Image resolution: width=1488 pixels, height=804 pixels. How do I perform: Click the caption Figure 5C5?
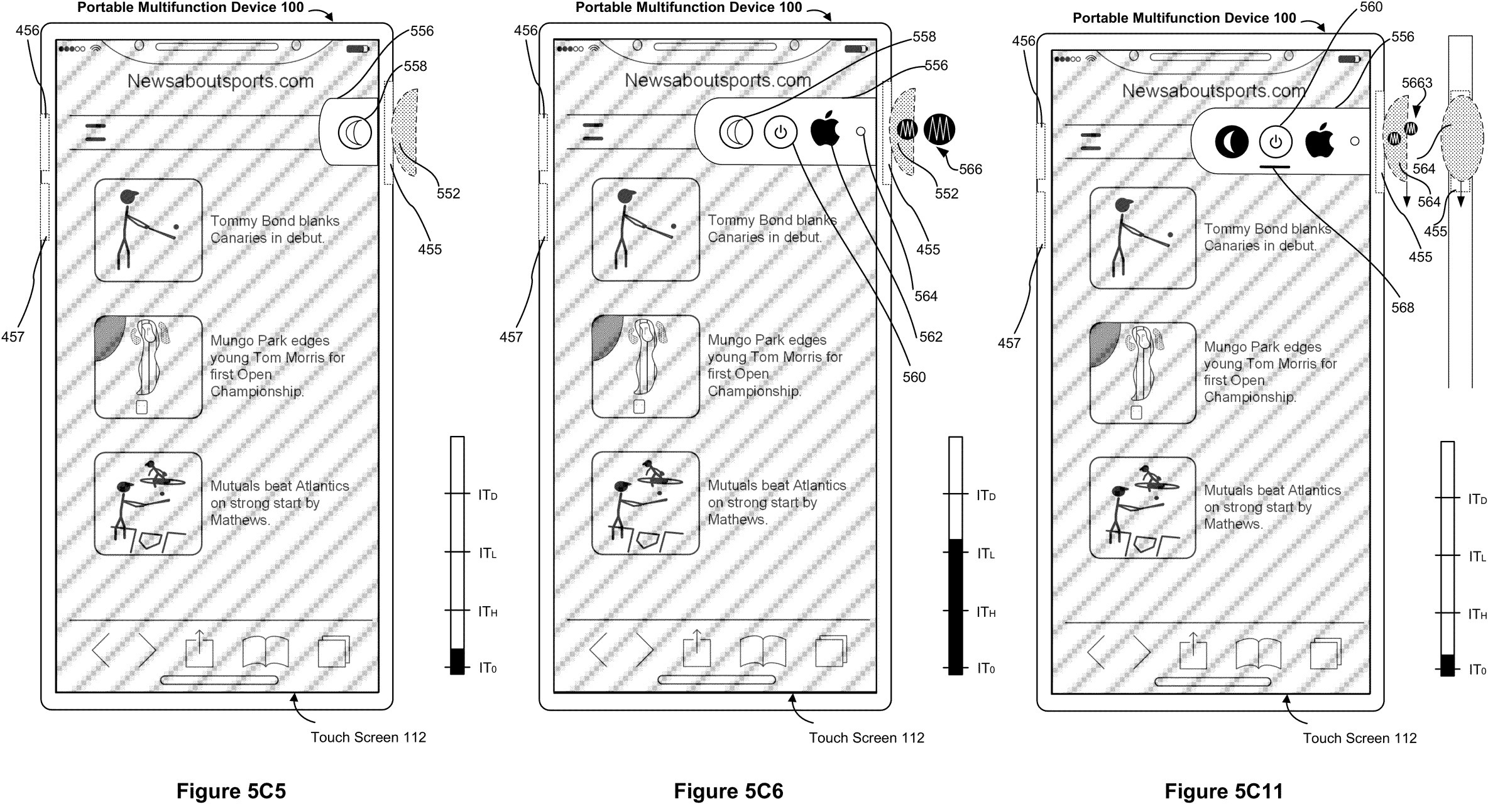(x=231, y=791)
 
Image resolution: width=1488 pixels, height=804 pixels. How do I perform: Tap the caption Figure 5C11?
(x=1223, y=791)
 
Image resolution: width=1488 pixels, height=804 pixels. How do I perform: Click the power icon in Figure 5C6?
(x=780, y=133)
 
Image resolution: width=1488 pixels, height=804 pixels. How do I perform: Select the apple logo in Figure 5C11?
(x=1320, y=141)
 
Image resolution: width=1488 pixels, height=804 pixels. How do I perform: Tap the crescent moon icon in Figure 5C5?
(x=354, y=133)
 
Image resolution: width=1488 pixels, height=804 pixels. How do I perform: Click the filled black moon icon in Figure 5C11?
(x=1231, y=142)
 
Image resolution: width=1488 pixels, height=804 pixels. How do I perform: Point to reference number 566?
(x=970, y=169)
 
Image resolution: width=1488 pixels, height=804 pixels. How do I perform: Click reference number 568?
(x=1403, y=307)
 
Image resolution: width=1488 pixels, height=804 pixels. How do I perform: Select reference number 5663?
(x=1416, y=83)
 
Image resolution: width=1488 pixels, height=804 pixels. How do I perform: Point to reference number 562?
(x=931, y=337)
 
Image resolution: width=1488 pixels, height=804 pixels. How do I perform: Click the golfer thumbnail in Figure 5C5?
(x=148, y=230)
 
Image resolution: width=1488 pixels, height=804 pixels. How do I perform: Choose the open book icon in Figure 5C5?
(x=265, y=651)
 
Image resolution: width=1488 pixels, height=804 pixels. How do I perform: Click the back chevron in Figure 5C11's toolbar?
(x=1096, y=652)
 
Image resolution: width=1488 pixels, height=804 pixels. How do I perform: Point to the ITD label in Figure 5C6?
(x=985, y=496)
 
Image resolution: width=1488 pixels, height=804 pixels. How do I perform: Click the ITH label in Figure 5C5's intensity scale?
(x=488, y=611)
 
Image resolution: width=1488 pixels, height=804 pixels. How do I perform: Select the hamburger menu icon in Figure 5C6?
(x=593, y=132)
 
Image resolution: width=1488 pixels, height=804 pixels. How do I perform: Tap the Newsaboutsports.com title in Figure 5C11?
(x=1214, y=91)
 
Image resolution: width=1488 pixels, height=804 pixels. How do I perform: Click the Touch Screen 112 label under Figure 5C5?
(x=368, y=737)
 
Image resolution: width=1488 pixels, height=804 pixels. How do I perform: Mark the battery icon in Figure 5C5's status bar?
(x=358, y=48)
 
